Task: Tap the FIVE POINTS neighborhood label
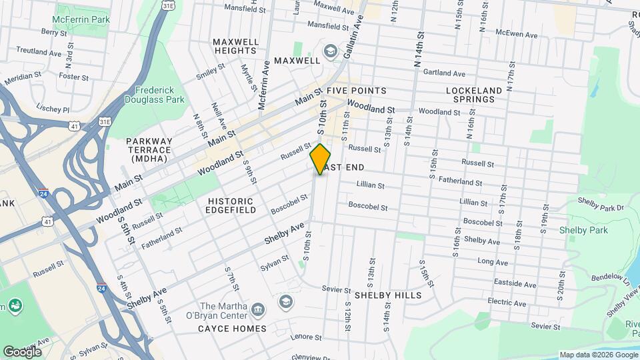356,91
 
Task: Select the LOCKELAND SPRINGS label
471,94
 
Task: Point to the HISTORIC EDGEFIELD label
231,205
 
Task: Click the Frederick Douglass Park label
159,95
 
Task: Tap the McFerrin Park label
81,19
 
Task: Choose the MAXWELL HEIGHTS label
235,46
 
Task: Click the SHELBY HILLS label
388,295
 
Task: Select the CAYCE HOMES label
232,329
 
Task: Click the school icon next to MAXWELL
330,51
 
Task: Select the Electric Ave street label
507,301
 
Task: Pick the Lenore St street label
307,337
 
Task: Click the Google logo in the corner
22,351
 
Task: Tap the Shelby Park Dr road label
600,207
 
